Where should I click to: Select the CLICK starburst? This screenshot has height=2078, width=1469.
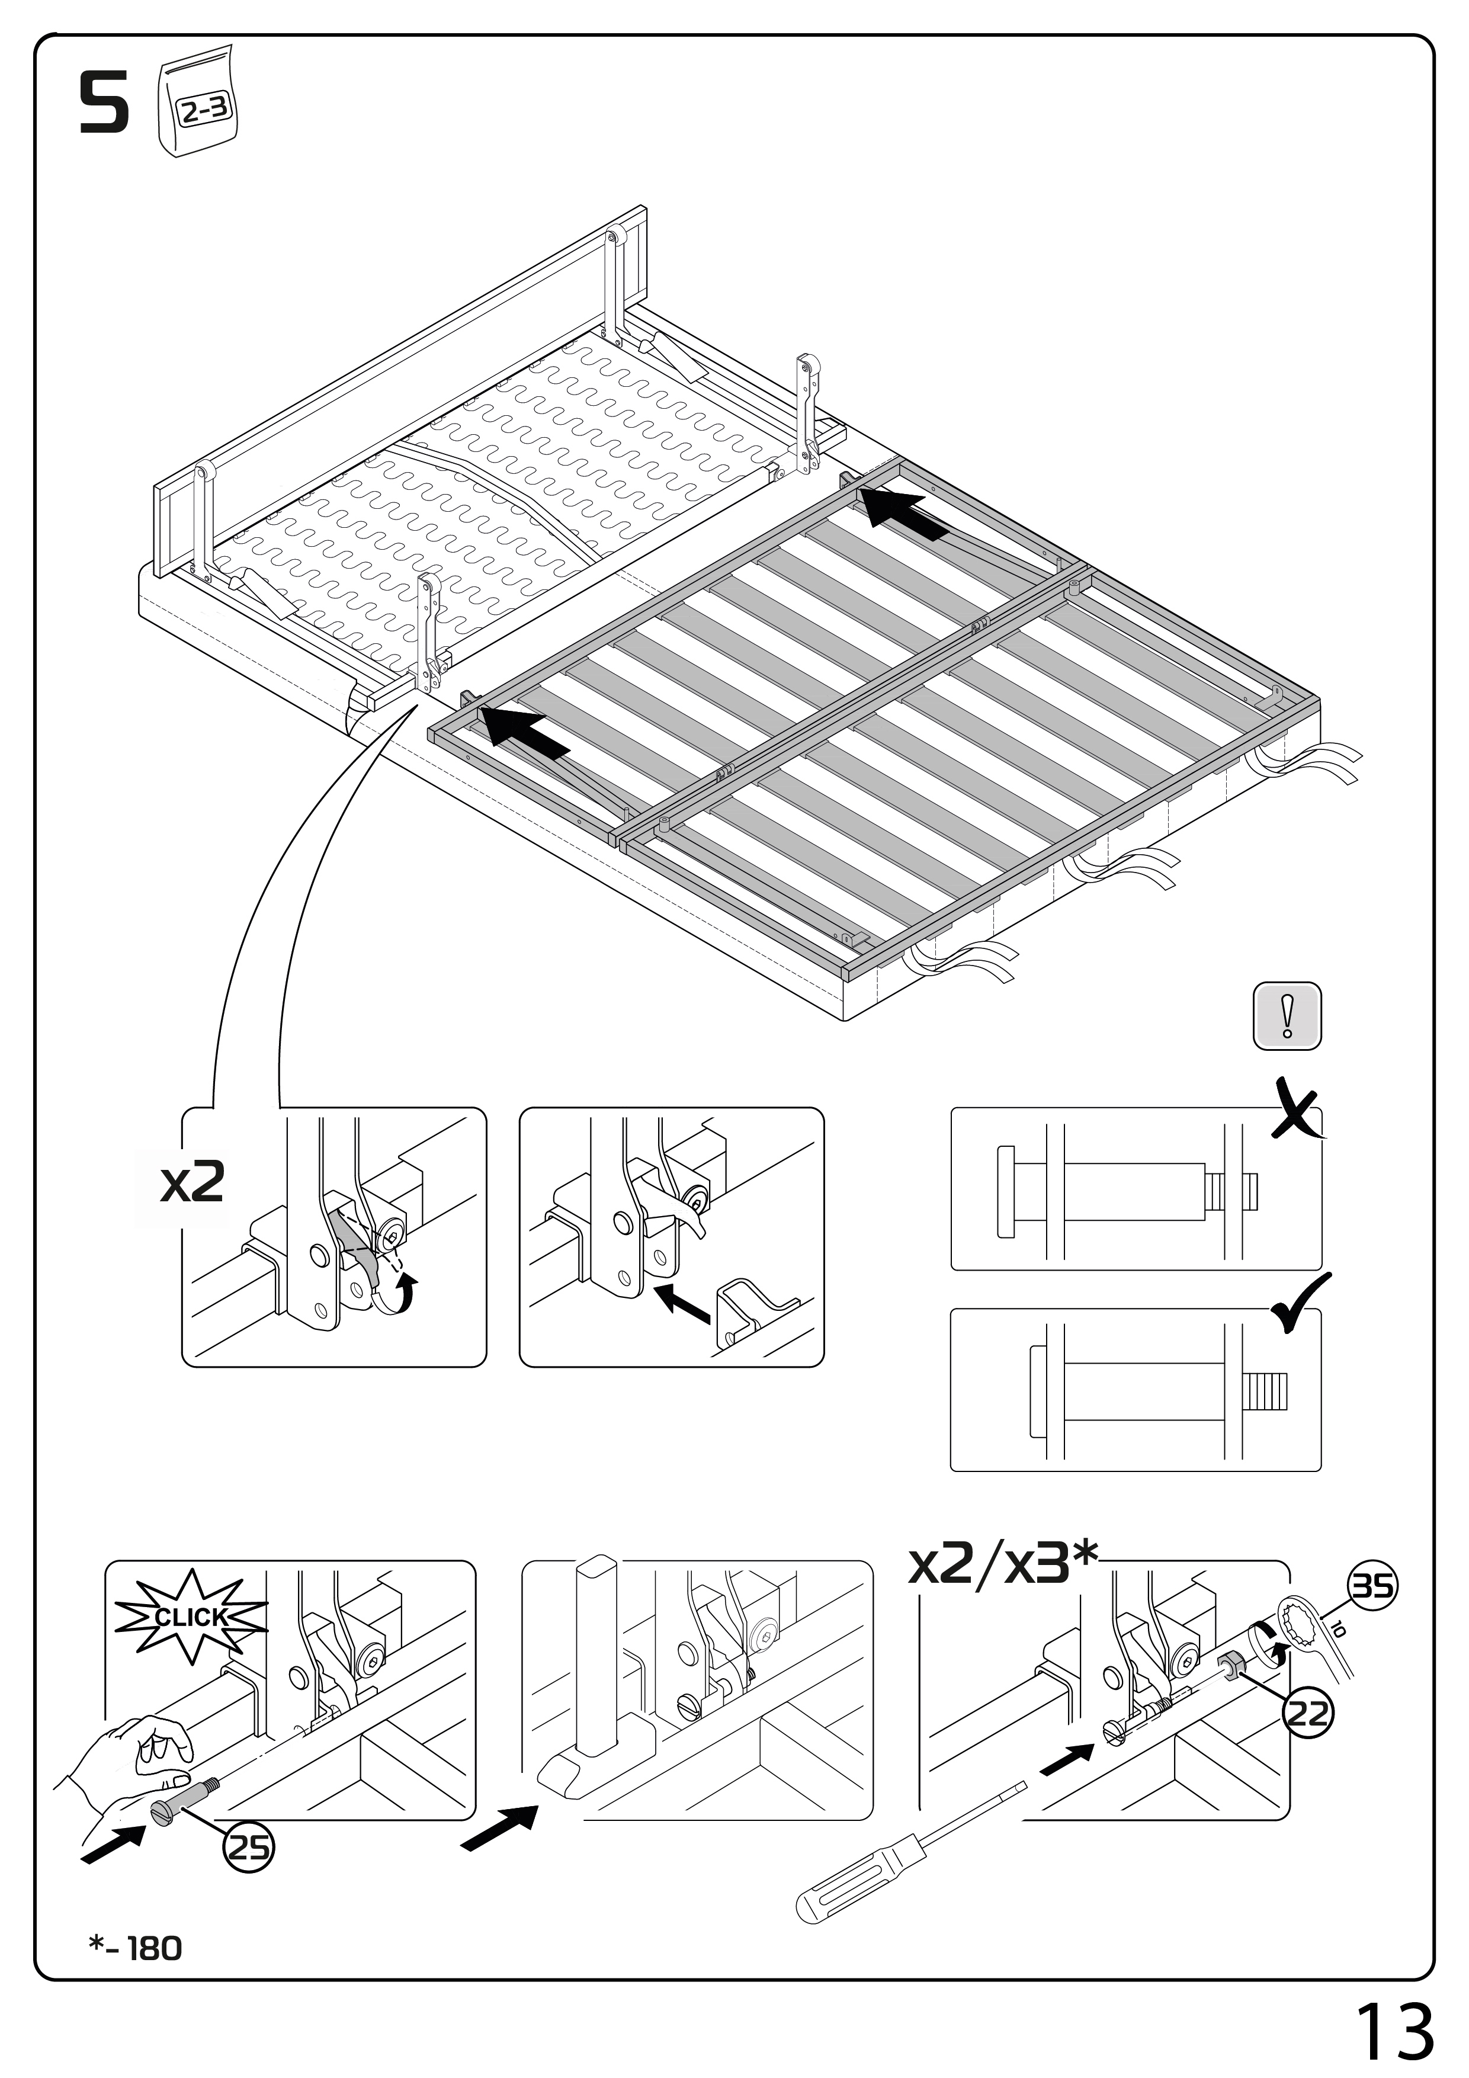pos(191,1617)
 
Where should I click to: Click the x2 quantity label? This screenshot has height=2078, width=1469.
pos(192,1181)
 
